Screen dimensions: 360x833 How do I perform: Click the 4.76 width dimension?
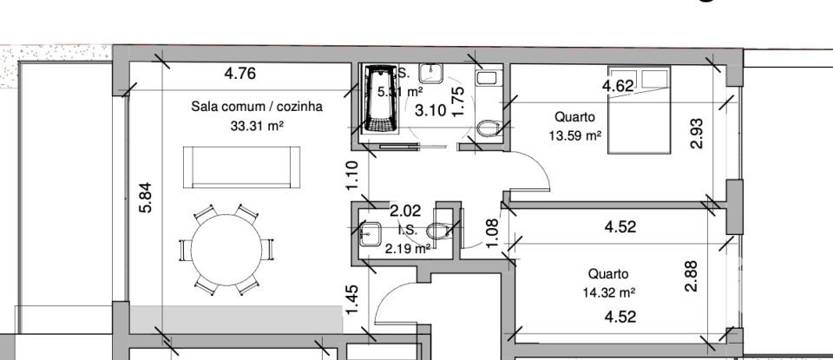(239, 74)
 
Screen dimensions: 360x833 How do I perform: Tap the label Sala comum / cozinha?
(257, 108)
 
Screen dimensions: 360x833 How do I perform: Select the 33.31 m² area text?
(257, 126)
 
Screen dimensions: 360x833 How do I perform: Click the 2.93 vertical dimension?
(695, 134)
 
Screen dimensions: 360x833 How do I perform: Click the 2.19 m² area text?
(408, 249)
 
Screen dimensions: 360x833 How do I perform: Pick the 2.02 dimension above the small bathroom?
(404, 210)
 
